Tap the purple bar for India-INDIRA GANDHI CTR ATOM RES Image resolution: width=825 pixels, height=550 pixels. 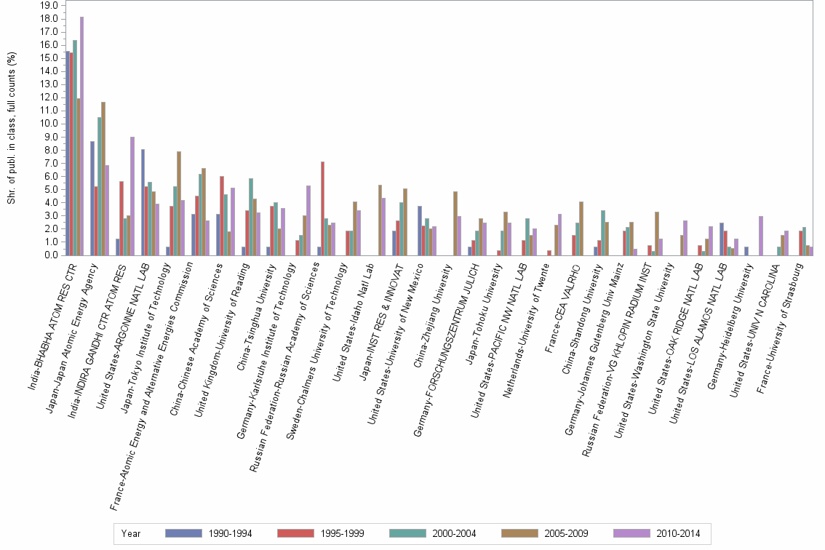point(132,196)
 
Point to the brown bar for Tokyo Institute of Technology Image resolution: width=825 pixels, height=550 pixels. point(179,204)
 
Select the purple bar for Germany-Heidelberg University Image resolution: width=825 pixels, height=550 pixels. point(760,236)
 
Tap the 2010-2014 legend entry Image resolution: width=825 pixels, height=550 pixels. point(658,533)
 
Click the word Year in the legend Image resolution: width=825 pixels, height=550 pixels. point(132,533)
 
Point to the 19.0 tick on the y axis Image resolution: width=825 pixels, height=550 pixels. point(49,5)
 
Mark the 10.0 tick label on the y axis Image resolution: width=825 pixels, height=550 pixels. point(49,124)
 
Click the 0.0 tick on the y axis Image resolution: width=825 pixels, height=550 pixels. point(51,255)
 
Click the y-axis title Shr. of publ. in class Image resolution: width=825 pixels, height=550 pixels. point(12,128)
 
